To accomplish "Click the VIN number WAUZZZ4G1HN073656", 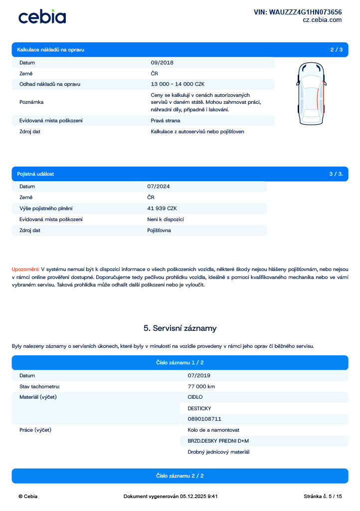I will [298, 12].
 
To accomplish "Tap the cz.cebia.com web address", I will [322, 20].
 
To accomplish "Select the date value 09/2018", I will [162, 63].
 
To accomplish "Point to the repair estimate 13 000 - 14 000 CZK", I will [178, 84].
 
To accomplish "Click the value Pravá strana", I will [166, 120].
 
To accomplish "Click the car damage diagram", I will [311, 94].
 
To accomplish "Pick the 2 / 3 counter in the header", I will [336, 49].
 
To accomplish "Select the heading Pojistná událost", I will [35, 174].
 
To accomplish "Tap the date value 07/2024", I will [159, 186].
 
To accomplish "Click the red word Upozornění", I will [25, 269].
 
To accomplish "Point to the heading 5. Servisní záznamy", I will [180, 328].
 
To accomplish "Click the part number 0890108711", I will [204, 419].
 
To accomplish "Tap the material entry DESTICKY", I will [199, 408].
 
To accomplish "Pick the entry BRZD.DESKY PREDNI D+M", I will [218, 441].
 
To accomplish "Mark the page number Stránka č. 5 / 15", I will [323, 496].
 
